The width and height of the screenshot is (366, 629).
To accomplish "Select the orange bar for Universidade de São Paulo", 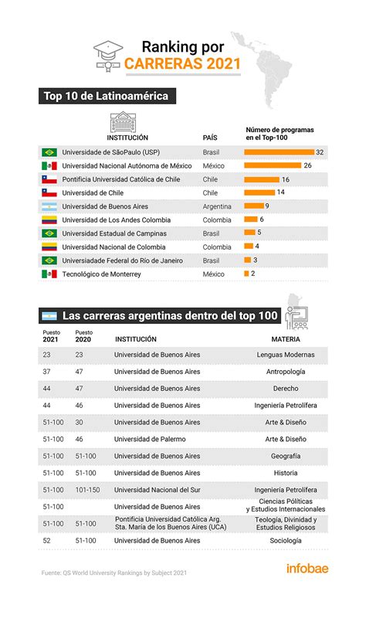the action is pos(279,152).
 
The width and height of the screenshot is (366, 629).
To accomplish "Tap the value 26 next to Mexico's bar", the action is pos(308,165).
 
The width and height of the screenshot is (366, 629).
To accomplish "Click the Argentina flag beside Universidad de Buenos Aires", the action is pos(49,206).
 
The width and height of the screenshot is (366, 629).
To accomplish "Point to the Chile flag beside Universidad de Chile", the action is pos(49,192).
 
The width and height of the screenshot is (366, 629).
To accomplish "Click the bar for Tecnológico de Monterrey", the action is pos(246,274).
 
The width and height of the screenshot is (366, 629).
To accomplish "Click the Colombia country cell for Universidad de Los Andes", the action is pos(217,219).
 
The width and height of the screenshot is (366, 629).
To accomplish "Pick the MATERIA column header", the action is pos(286,338).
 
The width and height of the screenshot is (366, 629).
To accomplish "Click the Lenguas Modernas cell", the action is pos(286,355).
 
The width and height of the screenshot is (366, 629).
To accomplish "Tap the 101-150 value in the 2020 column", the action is pos(87,490).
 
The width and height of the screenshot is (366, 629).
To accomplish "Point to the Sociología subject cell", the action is pos(286,541).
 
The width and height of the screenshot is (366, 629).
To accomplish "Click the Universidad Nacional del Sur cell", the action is pos(157,490).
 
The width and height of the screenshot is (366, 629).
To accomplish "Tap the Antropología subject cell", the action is pos(286,372).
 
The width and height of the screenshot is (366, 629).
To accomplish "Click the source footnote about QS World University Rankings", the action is pos(114,573).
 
